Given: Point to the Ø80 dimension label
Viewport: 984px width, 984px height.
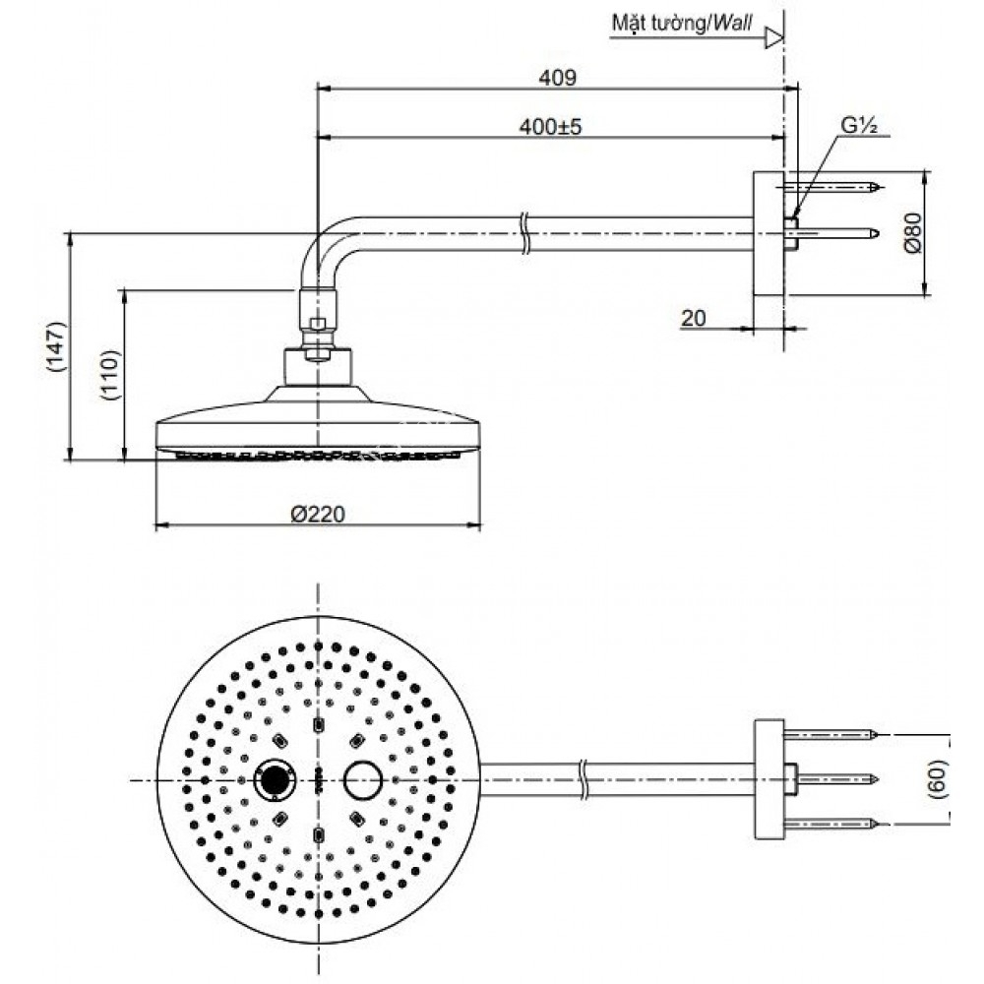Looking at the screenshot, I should (x=912, y=233).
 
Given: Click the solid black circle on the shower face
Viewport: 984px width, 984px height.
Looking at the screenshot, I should (x=275, y=779).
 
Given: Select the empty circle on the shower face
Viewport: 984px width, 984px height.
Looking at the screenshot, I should (x=363, y=779).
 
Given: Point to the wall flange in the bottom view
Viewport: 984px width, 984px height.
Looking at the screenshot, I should (x=769, y=779).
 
